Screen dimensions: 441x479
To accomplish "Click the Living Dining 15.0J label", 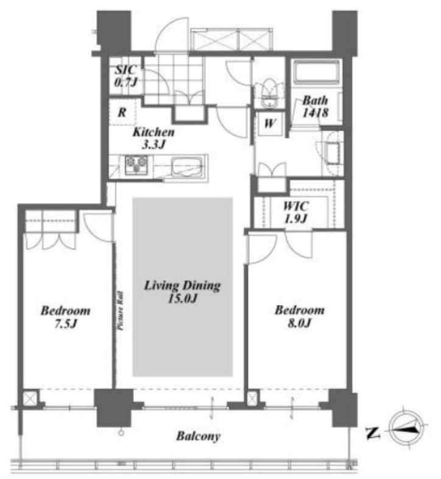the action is click(182, 292).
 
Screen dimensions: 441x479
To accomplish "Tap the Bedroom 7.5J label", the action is click(66, 317).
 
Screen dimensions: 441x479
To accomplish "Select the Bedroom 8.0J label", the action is click(300, 316).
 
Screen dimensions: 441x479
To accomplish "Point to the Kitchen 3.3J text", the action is click(153, 138).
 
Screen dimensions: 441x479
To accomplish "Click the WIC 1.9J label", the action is click(295, 212).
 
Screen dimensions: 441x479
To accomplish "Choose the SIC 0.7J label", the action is click(125, 76).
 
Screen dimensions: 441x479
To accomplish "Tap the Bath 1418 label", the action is click(316, 106).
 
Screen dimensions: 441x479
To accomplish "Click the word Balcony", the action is click(199, 436).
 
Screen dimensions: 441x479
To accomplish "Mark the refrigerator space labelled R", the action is click(122, 112).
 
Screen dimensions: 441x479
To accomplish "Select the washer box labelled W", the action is click(269, 123).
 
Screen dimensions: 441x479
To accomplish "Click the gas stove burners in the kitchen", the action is click(136, 165).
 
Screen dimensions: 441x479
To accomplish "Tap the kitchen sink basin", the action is click(186, 167).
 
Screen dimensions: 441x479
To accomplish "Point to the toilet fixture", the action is click(269, 92).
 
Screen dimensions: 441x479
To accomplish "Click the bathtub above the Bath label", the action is click(317, 72).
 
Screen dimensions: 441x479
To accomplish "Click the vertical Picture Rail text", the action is click(120, 311).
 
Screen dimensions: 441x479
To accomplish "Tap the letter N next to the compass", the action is click(373, 433).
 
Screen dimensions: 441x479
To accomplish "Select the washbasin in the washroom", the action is click(333, 153).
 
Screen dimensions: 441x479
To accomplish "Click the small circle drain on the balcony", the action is click(121, 433).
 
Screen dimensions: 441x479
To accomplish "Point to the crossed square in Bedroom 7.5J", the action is click(30, 398).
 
